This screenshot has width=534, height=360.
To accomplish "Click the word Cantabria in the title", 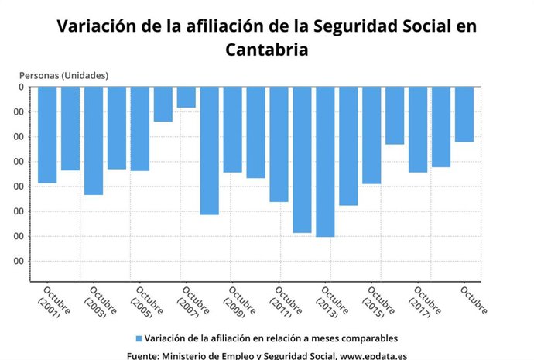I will click(267, 50).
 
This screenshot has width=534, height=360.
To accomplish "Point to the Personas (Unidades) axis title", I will click(63, 75).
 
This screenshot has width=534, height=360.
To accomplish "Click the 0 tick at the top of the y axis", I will click(21, 87).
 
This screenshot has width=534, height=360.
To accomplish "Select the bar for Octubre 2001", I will click(47, 135).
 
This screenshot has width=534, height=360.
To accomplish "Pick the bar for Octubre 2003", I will click(94, 140).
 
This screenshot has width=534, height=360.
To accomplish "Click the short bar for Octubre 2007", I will click(186, 97).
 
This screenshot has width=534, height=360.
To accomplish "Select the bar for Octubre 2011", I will click(279, 144).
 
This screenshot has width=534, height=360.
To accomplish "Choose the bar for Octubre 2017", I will click(418, 129).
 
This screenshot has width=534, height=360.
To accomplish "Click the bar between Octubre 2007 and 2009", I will click(209, 150).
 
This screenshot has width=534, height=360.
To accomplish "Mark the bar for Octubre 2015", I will click(371, 135).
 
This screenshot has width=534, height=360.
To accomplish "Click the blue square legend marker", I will click(139, 338).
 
